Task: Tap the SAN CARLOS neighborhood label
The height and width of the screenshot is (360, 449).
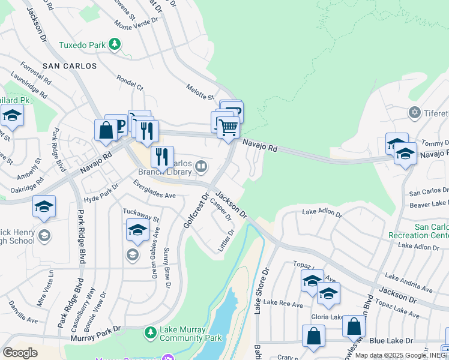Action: coord(70,65)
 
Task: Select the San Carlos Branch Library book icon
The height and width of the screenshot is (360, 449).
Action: coord(202,165)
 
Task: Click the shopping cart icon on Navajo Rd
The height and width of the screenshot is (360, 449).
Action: coord(228,128)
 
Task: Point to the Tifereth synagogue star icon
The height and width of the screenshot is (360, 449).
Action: coord(414,113)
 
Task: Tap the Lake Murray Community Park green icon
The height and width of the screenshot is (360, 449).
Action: coord(151,331)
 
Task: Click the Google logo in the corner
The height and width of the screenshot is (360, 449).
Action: coord(20,352)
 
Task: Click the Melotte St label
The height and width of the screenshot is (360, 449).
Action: coord(200,92)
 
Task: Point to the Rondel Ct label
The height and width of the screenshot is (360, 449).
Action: coord(130,83)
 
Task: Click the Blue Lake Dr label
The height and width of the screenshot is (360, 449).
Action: coord(393,340)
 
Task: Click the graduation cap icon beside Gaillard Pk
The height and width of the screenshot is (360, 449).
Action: coord(12,115)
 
